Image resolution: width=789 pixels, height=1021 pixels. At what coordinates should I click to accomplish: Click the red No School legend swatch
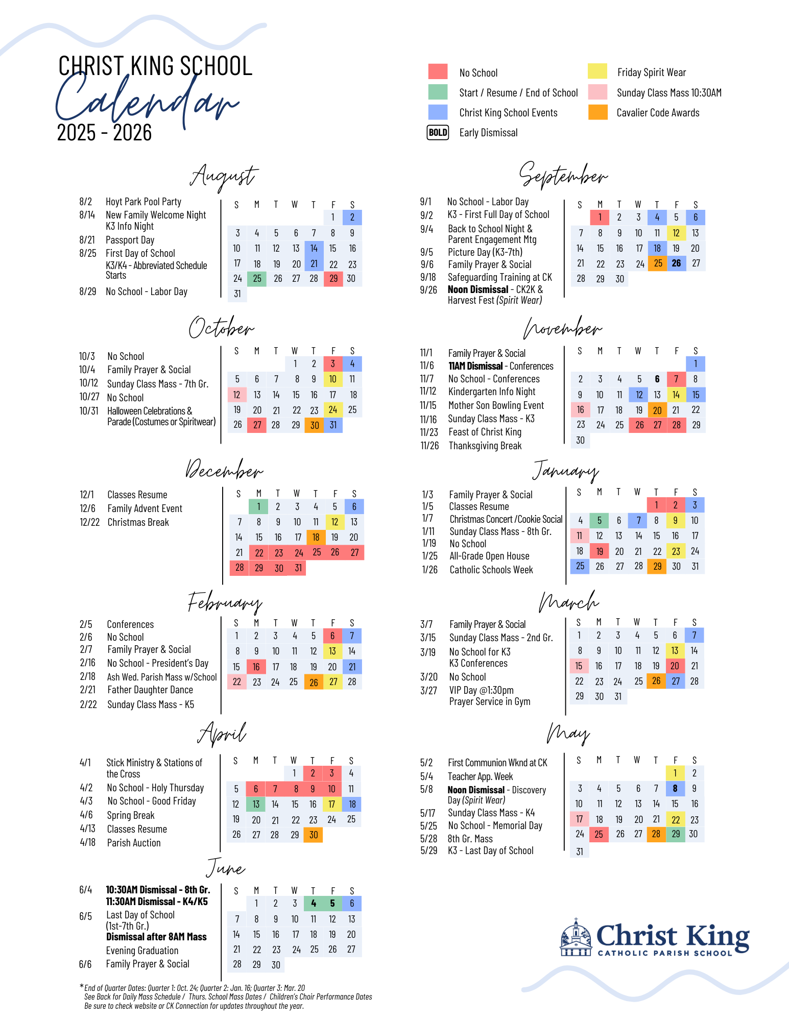pyautogui.click(x=438, y=71)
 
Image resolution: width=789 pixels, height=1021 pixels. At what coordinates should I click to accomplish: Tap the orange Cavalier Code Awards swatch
pyautogui.click(x=597, y=112)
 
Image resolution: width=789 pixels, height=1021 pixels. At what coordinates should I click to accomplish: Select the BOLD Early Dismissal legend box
pyautogui.click(x=438, y=133)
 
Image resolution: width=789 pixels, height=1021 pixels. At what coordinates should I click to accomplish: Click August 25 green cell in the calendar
pyautogui.click(x=257, y=279)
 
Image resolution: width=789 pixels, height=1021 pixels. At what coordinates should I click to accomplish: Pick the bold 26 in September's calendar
pyautogui.click(x=676, y=263)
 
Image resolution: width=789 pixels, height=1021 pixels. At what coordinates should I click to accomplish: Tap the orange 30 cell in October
pyautogui.click(x=314, y=425)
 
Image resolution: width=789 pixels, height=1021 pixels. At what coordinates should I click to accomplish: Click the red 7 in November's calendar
pyautogui.click(x=676, y=379)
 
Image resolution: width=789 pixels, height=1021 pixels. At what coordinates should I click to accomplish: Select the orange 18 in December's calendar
pyautogui.click(x=316, y=537)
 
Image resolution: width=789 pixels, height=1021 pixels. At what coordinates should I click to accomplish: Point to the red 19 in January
pyautogui.click(x=599, y=551)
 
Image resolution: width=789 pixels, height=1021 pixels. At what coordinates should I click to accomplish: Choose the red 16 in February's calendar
pyautogui.click(x=256, y=667)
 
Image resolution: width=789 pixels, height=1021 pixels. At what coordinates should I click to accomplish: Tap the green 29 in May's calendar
pyautogui.click(x=676, y=834)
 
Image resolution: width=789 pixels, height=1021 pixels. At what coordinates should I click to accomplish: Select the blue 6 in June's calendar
pyautogui.click(x=352, y=904)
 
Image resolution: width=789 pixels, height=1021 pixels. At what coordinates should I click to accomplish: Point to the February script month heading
pyautogui.click(x=225, y=602)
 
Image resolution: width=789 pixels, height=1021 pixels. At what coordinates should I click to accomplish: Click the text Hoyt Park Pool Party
pyautogui.click(x=144, y=202)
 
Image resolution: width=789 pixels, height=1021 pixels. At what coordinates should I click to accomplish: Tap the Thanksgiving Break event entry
pyautogui.click(x=485, y=446)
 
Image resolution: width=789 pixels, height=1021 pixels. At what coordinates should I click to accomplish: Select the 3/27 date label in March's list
pyautogui.click(x=428, y=691)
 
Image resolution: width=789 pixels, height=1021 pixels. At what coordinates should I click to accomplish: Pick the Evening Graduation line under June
pyautogui.click(x=142, y=951)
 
